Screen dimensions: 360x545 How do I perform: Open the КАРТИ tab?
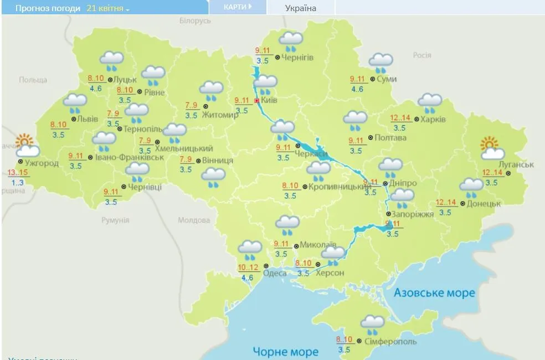point(237,7)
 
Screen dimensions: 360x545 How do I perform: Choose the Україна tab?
point(300,8)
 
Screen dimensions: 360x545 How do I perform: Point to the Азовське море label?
point(434,292)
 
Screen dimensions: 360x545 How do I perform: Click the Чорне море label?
point(285,351)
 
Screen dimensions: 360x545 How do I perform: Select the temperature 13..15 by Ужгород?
point(18,173)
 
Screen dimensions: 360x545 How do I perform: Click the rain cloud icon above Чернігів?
point(291,40)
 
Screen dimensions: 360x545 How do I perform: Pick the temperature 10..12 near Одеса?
point(248,268)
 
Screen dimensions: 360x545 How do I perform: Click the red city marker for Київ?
point(256,101)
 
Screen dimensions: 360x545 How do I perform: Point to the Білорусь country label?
point(195,20)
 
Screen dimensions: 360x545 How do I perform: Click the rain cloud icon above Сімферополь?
point(372,323)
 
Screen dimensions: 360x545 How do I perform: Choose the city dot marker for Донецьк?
point(462,203)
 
